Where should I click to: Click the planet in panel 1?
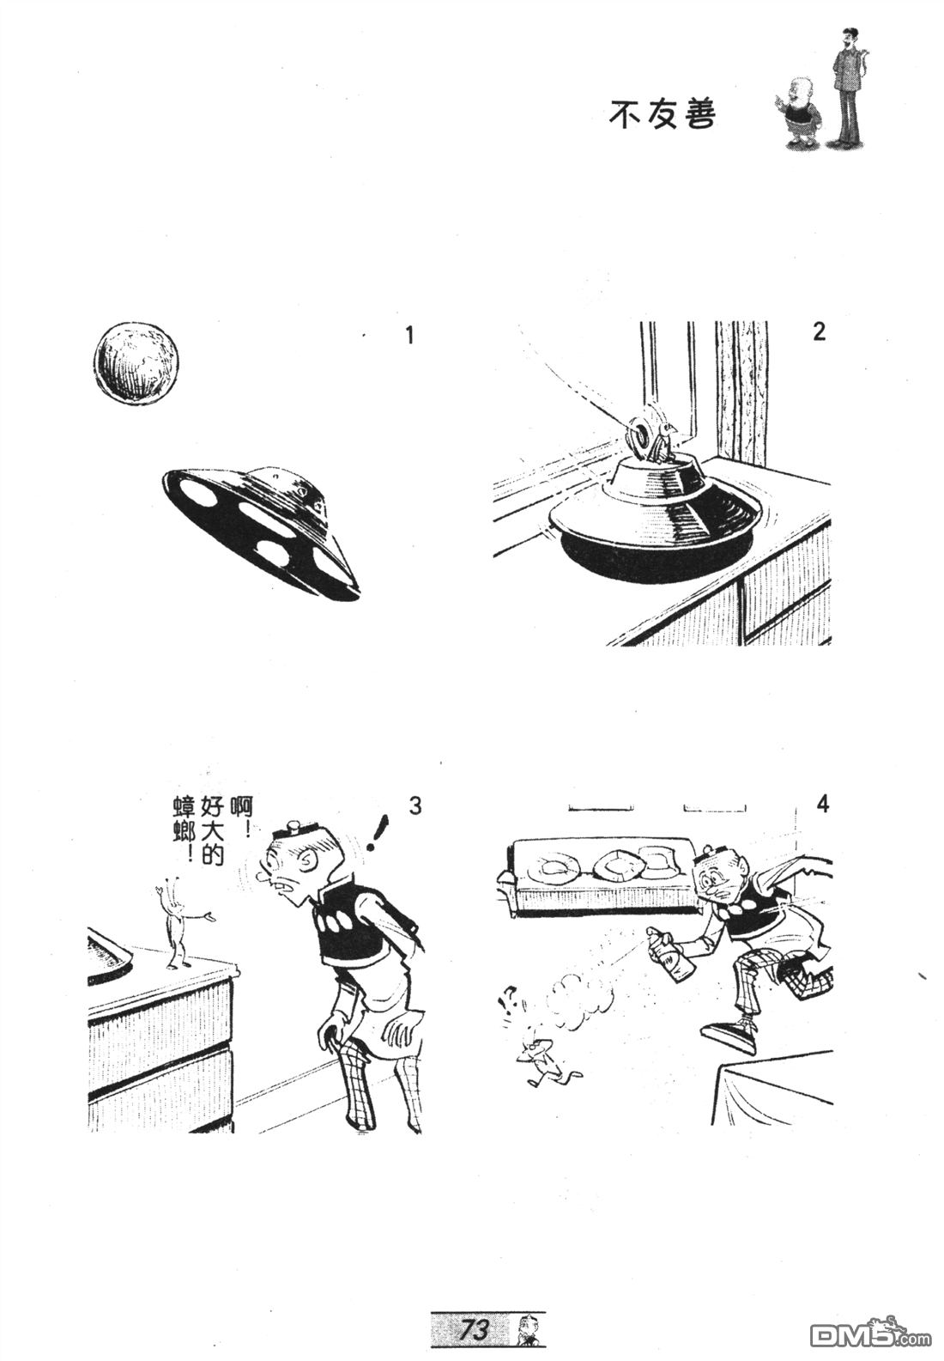pos(138,361)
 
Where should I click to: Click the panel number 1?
pos(409,335)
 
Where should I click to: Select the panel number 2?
pos(819,331)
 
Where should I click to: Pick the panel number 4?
pos(822,805)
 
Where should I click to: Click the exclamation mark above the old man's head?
pos(378,835)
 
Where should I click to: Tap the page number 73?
pos(475,1328)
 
